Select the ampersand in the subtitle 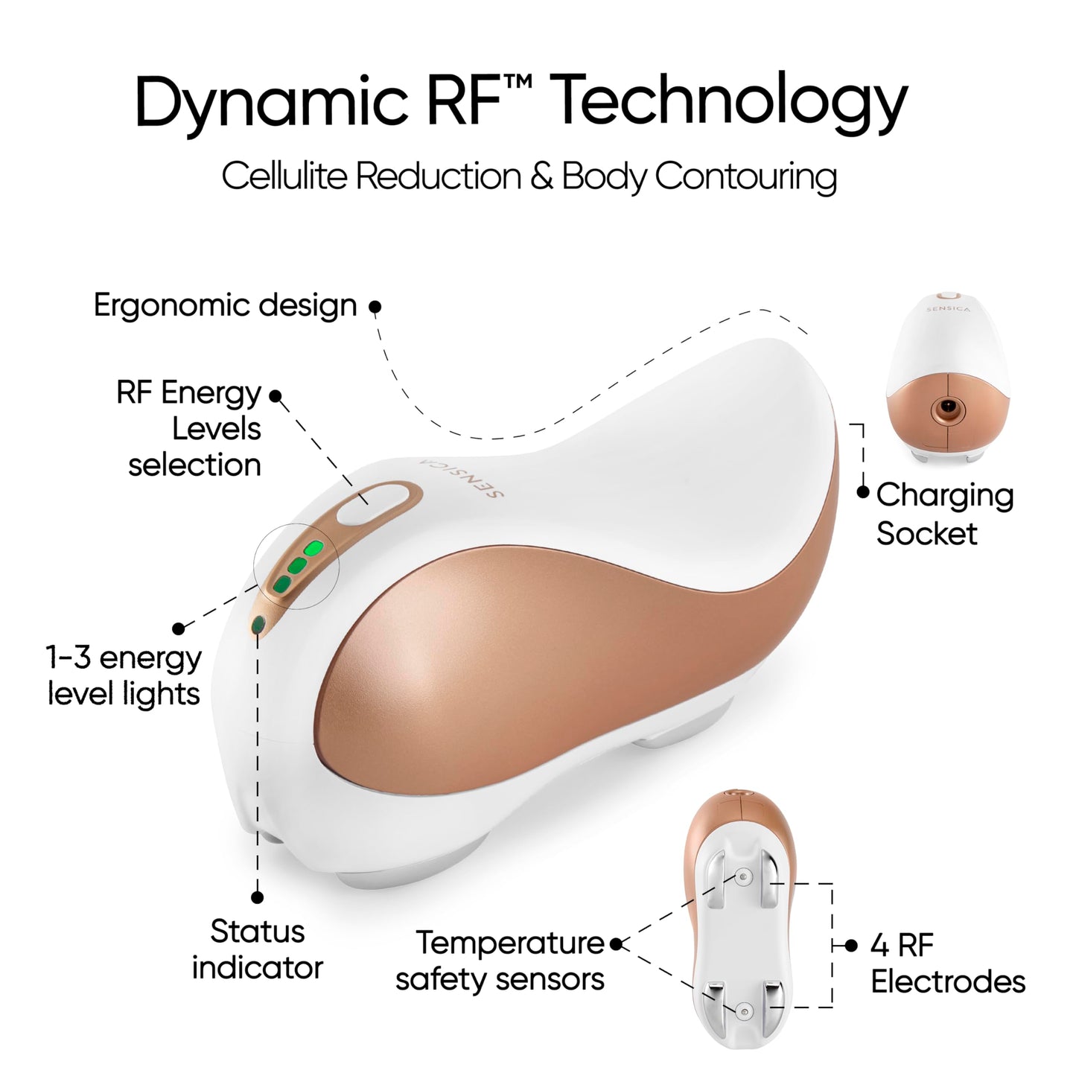[x=541, y=176]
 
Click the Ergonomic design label [x=225, y=306]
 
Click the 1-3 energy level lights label [x=124, y=675]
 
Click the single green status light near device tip [x=258, y=625]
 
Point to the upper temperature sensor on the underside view [x=742, y=879]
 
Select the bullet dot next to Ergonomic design [x=375, y=307]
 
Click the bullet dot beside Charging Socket [x=863, y=492]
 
